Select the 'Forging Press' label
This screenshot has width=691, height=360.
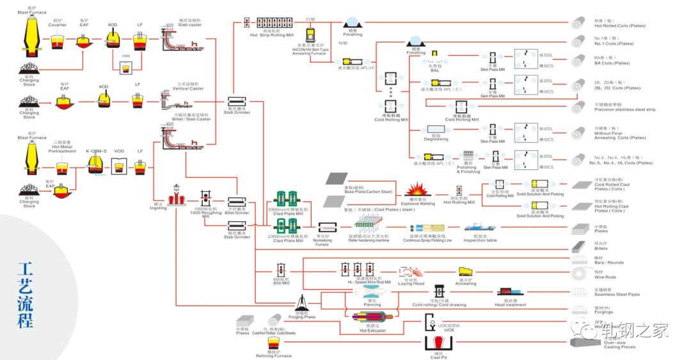(x=301, y=317)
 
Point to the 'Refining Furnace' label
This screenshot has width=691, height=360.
(x=274, y=356)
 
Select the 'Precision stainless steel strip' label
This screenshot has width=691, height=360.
(x=624, y=109)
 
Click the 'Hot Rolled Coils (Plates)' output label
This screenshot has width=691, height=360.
(x=619, y=26)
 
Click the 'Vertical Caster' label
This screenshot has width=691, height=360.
(x=188, y=88)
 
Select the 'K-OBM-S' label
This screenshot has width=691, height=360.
(x=97, y=151)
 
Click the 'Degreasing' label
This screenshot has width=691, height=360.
(x=436, y=139)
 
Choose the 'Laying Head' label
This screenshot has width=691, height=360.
(x=411, y=283)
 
